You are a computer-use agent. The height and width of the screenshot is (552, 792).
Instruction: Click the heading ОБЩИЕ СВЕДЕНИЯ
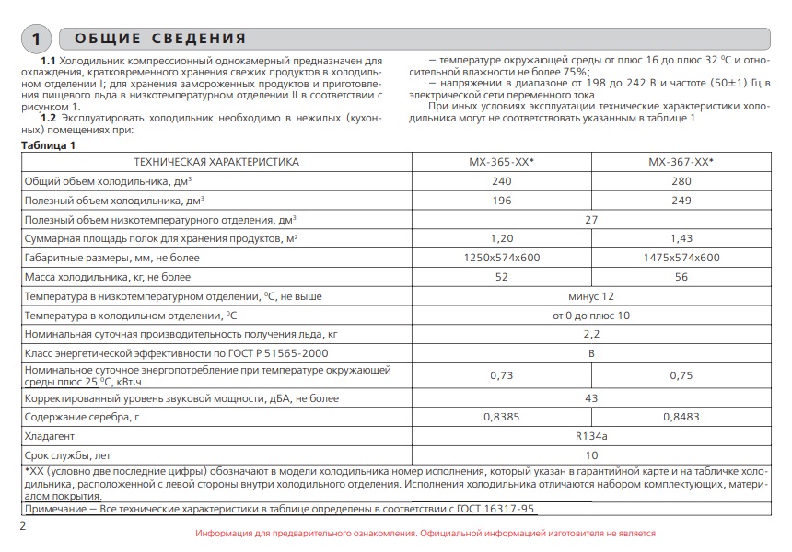pos(160,39)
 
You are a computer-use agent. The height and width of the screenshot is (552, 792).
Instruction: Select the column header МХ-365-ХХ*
pos(502,161)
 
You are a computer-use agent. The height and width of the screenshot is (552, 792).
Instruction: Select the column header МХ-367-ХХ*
pos(681,161)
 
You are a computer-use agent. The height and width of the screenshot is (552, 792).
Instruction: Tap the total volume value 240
pos(502,180)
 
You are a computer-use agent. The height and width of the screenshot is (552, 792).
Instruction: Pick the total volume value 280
pos(681,180)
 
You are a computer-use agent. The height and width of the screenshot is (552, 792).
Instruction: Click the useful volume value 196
pos(502,200)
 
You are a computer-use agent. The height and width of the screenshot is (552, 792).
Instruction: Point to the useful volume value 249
pos(681,200)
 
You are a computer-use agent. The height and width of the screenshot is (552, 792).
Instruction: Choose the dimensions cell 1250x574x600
pos(502,258)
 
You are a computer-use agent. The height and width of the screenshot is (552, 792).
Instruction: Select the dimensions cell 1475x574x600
pos(681,258)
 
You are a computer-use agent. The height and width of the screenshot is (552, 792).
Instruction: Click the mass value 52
pos(502,277)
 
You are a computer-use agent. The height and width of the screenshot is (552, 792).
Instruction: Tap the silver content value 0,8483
pos(681,417)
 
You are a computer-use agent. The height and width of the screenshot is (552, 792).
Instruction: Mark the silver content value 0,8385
pos(502,417)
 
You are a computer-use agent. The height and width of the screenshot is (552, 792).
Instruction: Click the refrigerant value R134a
pos(591,436)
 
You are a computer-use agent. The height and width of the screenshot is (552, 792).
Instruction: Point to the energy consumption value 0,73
pos(502,375)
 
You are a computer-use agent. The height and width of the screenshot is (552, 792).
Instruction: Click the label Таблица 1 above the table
pos(47,145)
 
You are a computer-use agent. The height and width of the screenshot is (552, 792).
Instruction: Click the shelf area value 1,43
pos(681,238)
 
